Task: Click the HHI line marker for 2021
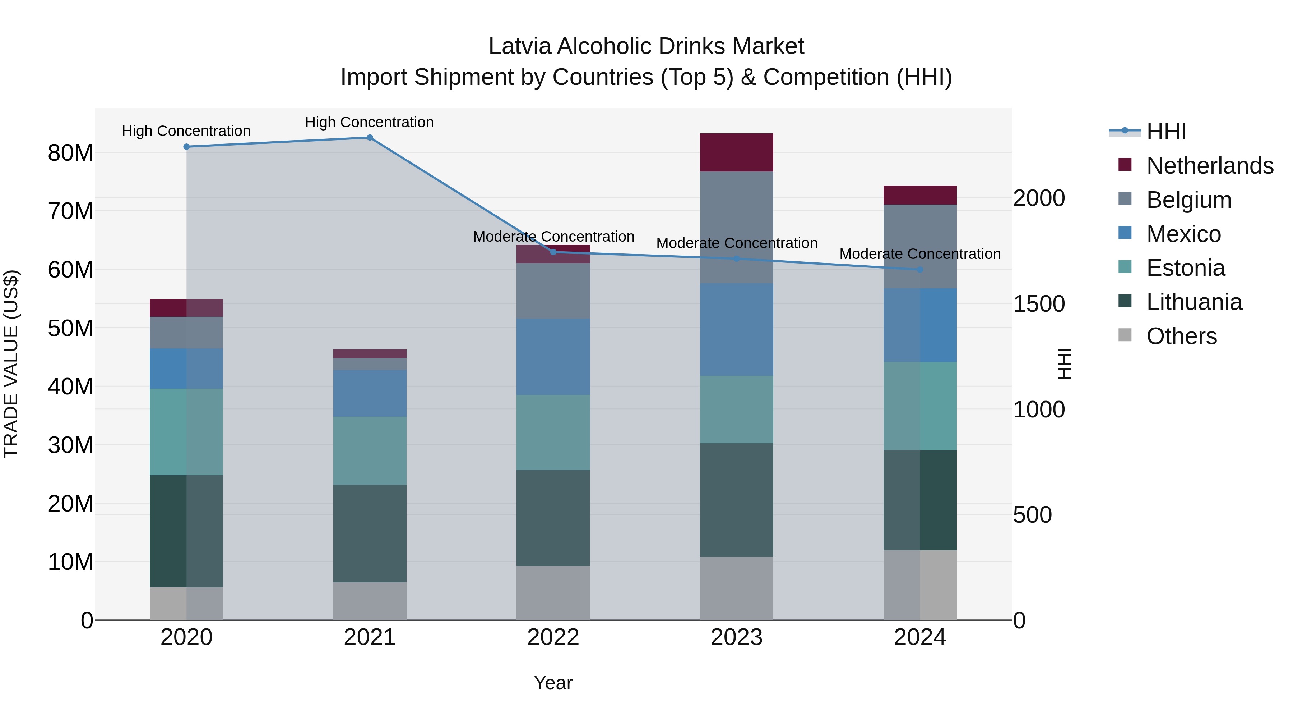click(x=370, y=138)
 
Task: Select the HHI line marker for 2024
click(x=919, y=270)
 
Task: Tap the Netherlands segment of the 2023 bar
click(x=736, y=153)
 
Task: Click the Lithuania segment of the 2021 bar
click(x=370, y=534)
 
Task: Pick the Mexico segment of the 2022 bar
click(x=553, y=357)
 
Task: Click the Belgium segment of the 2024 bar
click(x=919, y=246)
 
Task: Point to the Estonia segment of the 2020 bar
click(x=186, y=432)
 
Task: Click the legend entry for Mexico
click(x=1183, y=234)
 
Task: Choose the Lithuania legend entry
click(x=1194, y=302)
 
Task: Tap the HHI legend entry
click(x=1165, y=132)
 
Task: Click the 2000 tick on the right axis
click(x=1038, y=198)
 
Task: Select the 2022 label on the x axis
click(x=553, y=637)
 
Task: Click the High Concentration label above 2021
click(x=370, y=122)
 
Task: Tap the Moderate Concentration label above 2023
click(x=736, y=243)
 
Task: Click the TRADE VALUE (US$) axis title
click(x=11, y=364)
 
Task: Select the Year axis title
click(x=553, y=683)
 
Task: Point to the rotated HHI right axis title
click(x=1063, y=364)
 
